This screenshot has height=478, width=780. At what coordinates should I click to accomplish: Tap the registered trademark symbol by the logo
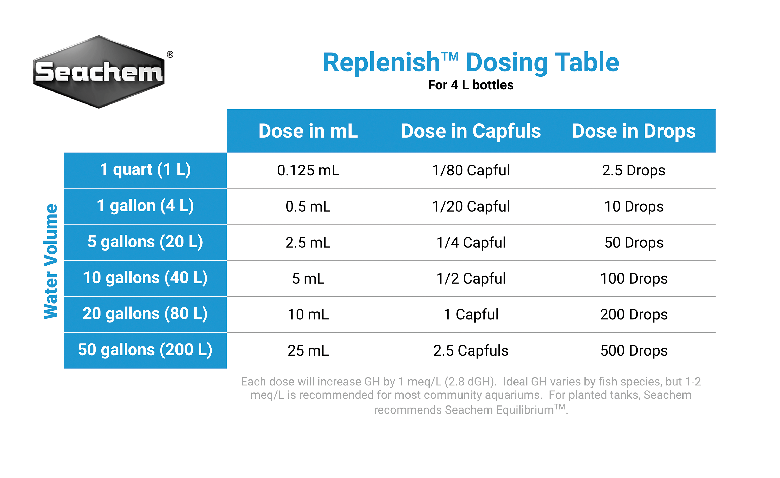[x=170, y=54]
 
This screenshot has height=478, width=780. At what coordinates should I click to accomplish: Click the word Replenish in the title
[x=381, y=62]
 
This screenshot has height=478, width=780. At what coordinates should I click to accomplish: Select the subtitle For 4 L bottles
[x=471, y=85]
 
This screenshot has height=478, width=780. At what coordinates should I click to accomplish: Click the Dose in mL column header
[x=308, y=131]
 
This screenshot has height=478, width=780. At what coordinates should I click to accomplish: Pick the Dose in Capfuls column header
[x=471, y=131]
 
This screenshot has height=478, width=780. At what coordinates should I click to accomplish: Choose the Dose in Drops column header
[x=634, y=131]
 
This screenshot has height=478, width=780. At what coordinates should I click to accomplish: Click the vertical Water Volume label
[x=51, y=261]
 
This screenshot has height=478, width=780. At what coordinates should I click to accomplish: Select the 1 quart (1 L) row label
[x=145, y=170]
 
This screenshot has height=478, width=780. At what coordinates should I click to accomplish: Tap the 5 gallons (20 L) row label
[x=145, y=242]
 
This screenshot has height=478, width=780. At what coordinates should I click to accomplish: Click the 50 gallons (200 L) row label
[x=145, y=350]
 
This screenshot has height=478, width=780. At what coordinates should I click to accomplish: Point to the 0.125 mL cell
[x=308, y=170]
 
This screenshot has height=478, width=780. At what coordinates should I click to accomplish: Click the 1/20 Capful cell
[x=471, y=206]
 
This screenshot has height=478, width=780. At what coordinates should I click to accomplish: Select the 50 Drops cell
[x=634, y=243]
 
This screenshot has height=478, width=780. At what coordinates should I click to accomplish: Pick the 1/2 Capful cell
[x=471, y=279]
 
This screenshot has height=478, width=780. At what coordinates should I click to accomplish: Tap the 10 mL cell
[x=308, y=314]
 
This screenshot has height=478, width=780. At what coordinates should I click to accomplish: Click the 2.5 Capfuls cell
[x=471, y=350]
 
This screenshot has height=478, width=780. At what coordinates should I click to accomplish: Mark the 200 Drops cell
[x=634, y=314]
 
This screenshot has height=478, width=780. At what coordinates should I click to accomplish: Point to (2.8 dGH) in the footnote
[x=470, y=382]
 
